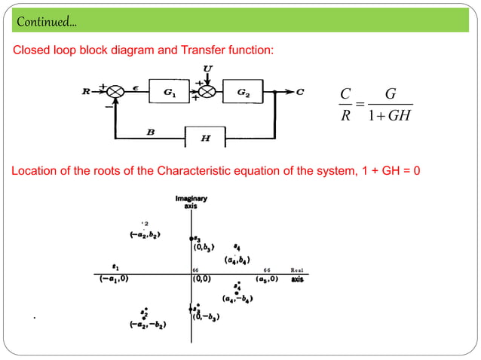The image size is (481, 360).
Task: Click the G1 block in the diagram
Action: [x=170, y=91]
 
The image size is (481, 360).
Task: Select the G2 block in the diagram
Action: [x=244, y=91]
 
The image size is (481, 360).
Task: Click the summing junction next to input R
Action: [x=115, y=91]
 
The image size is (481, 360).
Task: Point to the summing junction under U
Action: [x=207, y=91]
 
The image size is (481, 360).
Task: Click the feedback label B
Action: [x=151, y=132]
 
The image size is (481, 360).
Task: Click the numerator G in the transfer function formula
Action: [x=390, y=94]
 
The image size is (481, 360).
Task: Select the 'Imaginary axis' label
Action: [x=191, y=202]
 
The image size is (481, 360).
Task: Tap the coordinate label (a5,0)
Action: [x=267, y=279]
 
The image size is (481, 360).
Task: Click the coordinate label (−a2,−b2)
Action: [x=148, y=325]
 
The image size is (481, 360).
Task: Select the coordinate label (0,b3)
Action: [x=205, y=247]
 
